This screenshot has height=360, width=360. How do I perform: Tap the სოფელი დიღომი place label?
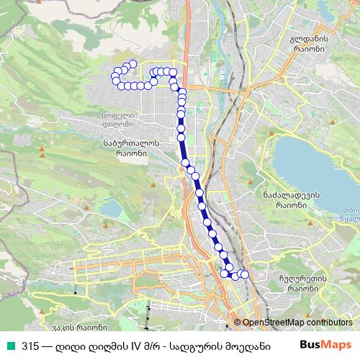[x=114, y=119]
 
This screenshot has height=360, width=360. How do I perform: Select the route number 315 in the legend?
[x=30, y=344]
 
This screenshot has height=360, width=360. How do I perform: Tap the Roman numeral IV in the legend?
[x=133, y=344]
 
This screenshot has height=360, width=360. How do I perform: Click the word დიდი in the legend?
[x=68, y=344]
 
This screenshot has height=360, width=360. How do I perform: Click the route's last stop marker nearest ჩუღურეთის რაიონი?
[x=244, y=274]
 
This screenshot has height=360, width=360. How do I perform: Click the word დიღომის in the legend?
[x=104, y=344]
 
